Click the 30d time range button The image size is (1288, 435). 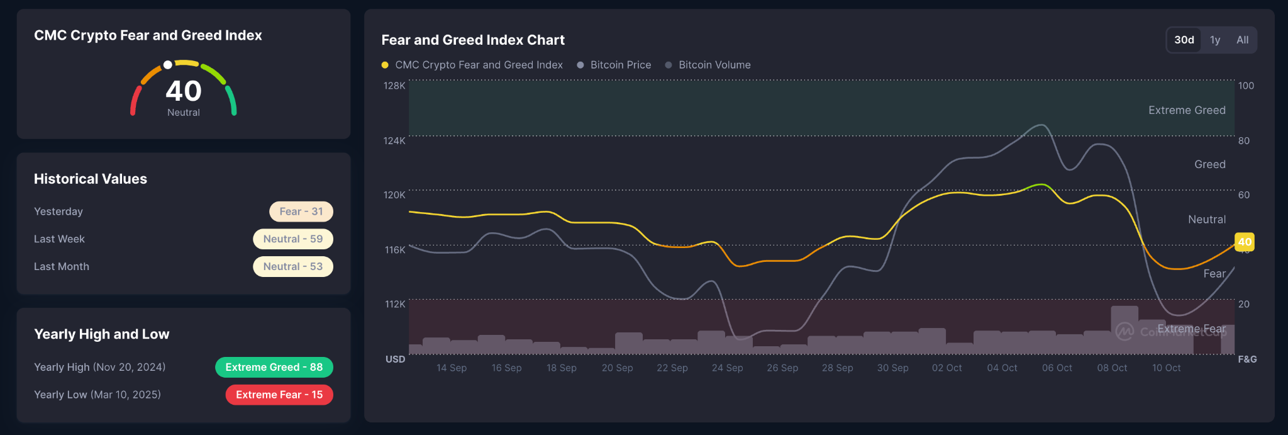pyautogui.click(x=1184, y=40)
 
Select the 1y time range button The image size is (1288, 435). pyautogui.click(x=1215, y=40)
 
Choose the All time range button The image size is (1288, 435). pyautogui.click(x=1242, y=40)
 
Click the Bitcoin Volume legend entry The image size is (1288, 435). pyautogui.click(x=708, y=65)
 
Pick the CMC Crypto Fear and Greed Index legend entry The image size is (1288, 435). pyautogui.click(x=472, y=65)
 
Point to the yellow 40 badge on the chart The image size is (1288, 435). pyautogui.click(x=1244, y=242)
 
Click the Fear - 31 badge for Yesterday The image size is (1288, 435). pyautogui.click(x=301, y=212)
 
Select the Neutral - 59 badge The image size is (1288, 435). pyautogui.click(x=293, y=239)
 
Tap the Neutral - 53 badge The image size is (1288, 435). pyautogui.click(x=293, y=266)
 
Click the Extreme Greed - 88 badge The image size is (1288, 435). pyautogui.click(x=274, y=367)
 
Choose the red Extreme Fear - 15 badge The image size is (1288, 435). pyautogui.click(x=279, y=395)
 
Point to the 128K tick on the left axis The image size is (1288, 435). pyautogui.click(x=394, y=86)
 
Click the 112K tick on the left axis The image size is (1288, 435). pyautogui.click(x=395, y=304)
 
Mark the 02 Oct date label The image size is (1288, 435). pyautogui.click(x=947, y=368)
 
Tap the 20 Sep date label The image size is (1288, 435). pyautogui.click(x=617, y=368)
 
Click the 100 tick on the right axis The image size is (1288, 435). pyautogui.click(x=1246, y=86)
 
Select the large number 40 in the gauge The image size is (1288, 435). pyautogui.click(x=184, y=91)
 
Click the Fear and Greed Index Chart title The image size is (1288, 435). pyautogui.click(x=473, y=40)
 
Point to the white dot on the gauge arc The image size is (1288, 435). pyautogui.click(x=168, y=65)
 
